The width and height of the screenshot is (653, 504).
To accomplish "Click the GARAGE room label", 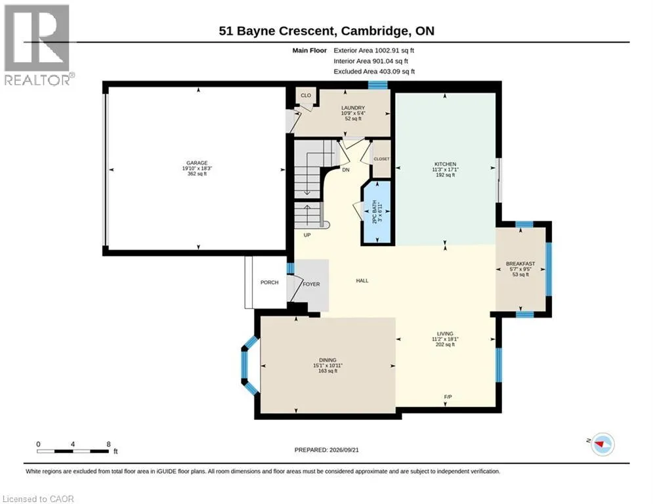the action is [197, 163].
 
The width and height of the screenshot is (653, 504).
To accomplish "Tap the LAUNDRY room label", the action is [353, 108].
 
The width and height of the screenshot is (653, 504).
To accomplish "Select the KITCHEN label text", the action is [445, 164].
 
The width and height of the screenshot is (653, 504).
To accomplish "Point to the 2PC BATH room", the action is [377, 213].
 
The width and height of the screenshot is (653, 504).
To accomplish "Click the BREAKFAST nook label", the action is [520, 264].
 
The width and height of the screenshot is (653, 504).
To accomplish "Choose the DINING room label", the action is [327, 360].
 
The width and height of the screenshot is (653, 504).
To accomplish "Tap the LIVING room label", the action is [445, 333].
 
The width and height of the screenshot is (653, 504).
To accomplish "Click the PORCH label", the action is [270, 282].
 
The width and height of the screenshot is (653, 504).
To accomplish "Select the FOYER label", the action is [312, 284].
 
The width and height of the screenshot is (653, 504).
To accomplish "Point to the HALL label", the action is [362, 281].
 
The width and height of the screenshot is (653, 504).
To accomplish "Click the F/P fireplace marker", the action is [448, 397].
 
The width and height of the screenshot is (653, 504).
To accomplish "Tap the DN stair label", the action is [346, 170].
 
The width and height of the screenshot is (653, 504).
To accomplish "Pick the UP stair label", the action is [307, 235].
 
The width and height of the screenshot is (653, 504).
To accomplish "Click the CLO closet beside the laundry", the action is [306, 95].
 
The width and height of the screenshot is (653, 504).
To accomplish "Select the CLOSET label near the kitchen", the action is [381, 159].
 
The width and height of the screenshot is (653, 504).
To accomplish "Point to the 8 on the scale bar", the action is [109, 444].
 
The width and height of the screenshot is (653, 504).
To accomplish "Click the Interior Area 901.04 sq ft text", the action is [371, 61].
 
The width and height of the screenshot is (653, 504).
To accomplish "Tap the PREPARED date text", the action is [327, 450].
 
